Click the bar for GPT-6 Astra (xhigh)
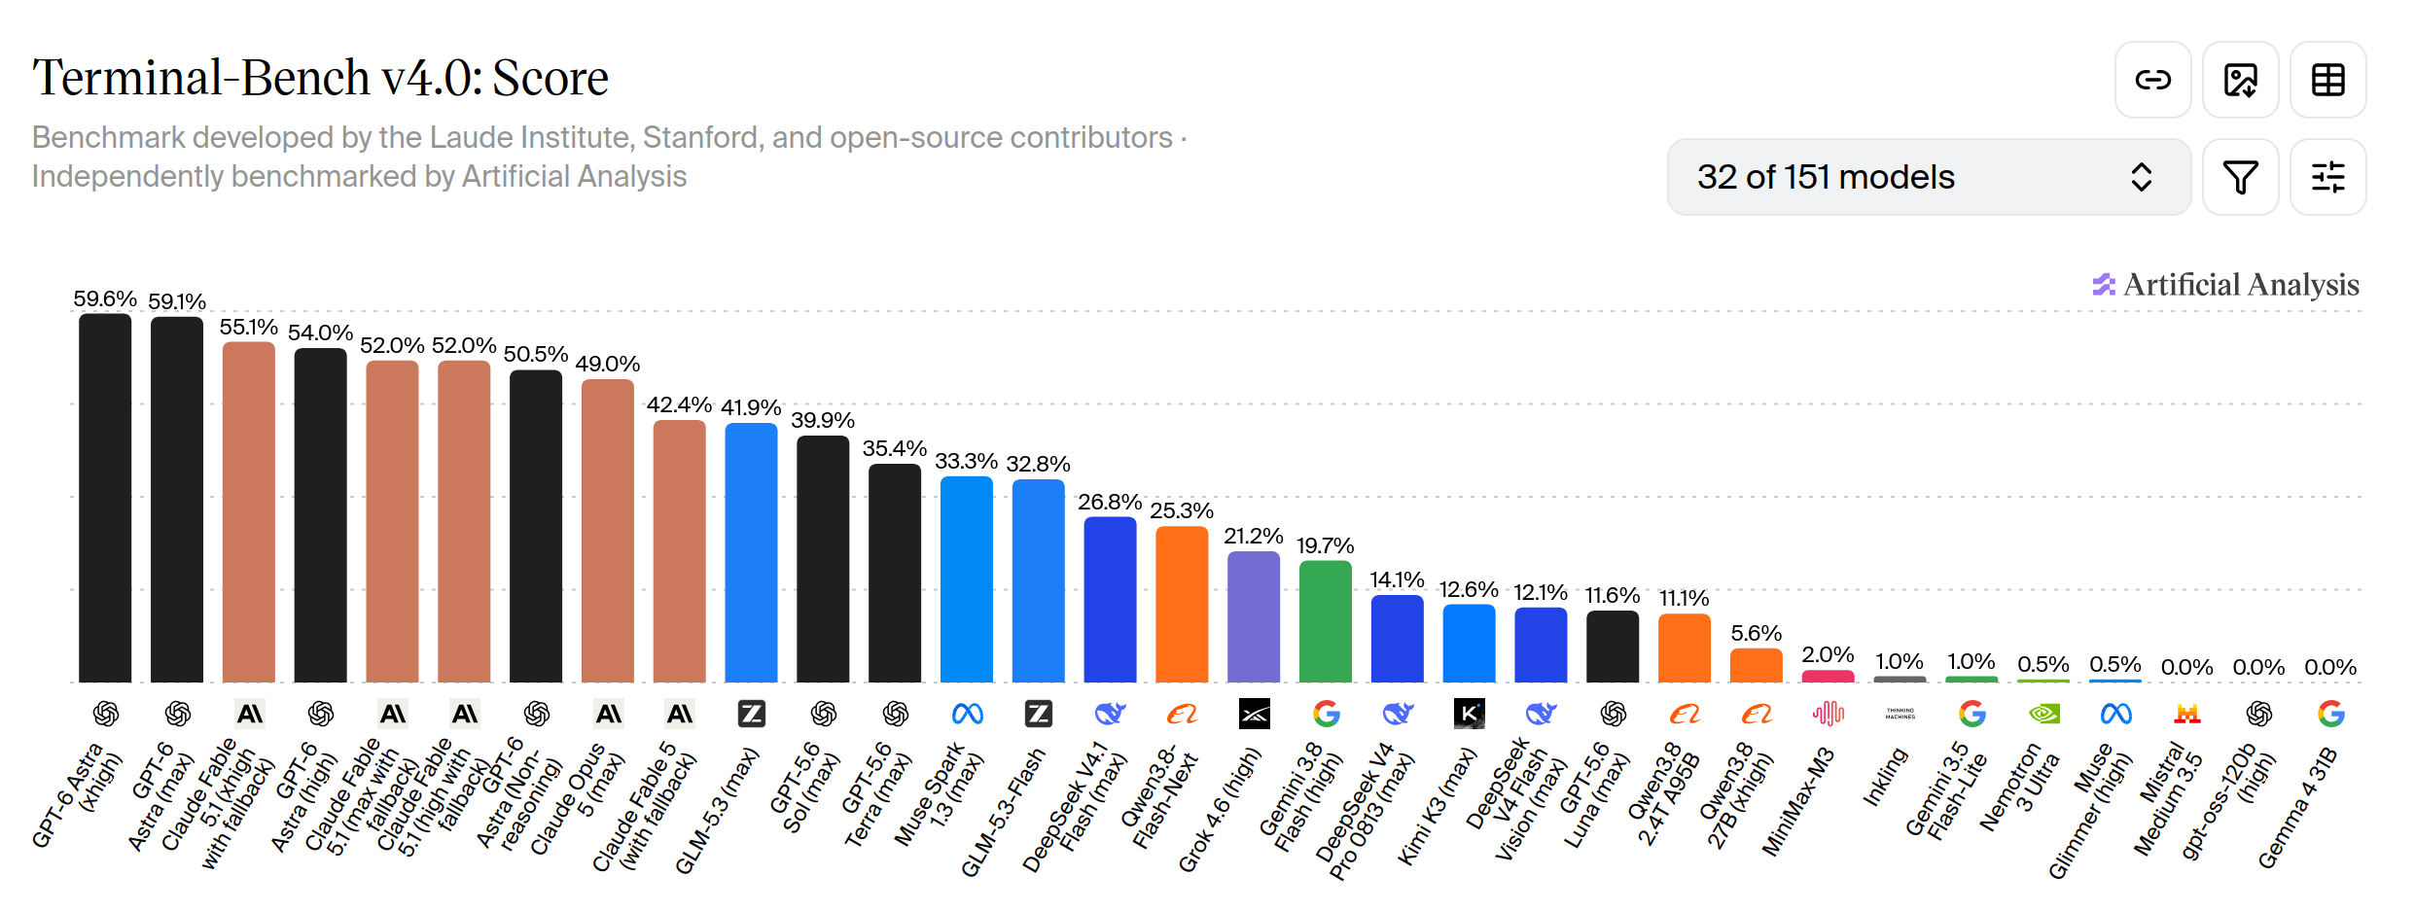[105, 498]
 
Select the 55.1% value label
[249, 327]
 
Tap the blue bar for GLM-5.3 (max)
[751, 552]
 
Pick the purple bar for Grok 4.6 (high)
[1254, 616]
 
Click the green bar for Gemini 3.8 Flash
[1326, 621]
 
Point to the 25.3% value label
[1182, 510]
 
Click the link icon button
[2152, 80]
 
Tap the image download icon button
[2240, 80]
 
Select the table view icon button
[2327, 80]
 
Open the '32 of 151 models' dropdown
[1929, 177]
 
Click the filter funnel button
[2240, 177]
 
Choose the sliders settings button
[2327, 177]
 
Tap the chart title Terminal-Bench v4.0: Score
[320, 78]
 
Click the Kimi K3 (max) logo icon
[1469, 715]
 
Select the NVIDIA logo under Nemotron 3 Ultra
[2043, 715]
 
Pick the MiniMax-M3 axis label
[1797, 802]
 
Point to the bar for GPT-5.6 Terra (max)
[895, 573]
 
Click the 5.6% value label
[1756, 633]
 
